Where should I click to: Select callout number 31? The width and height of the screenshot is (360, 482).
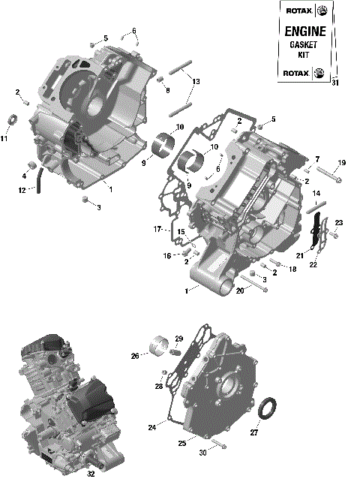click(334, 83)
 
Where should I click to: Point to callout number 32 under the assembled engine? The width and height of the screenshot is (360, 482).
click(91, 474)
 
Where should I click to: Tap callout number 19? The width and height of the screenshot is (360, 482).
click(342, 164)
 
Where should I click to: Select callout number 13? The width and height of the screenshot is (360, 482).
click(196, 81)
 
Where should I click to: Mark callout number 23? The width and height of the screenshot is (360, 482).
click(338, 223)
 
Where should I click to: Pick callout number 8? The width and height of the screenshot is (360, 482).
click(168, 91)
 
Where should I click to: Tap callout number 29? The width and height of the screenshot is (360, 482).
click(179, 339)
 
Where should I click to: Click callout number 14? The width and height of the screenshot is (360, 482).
click(316, 193)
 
